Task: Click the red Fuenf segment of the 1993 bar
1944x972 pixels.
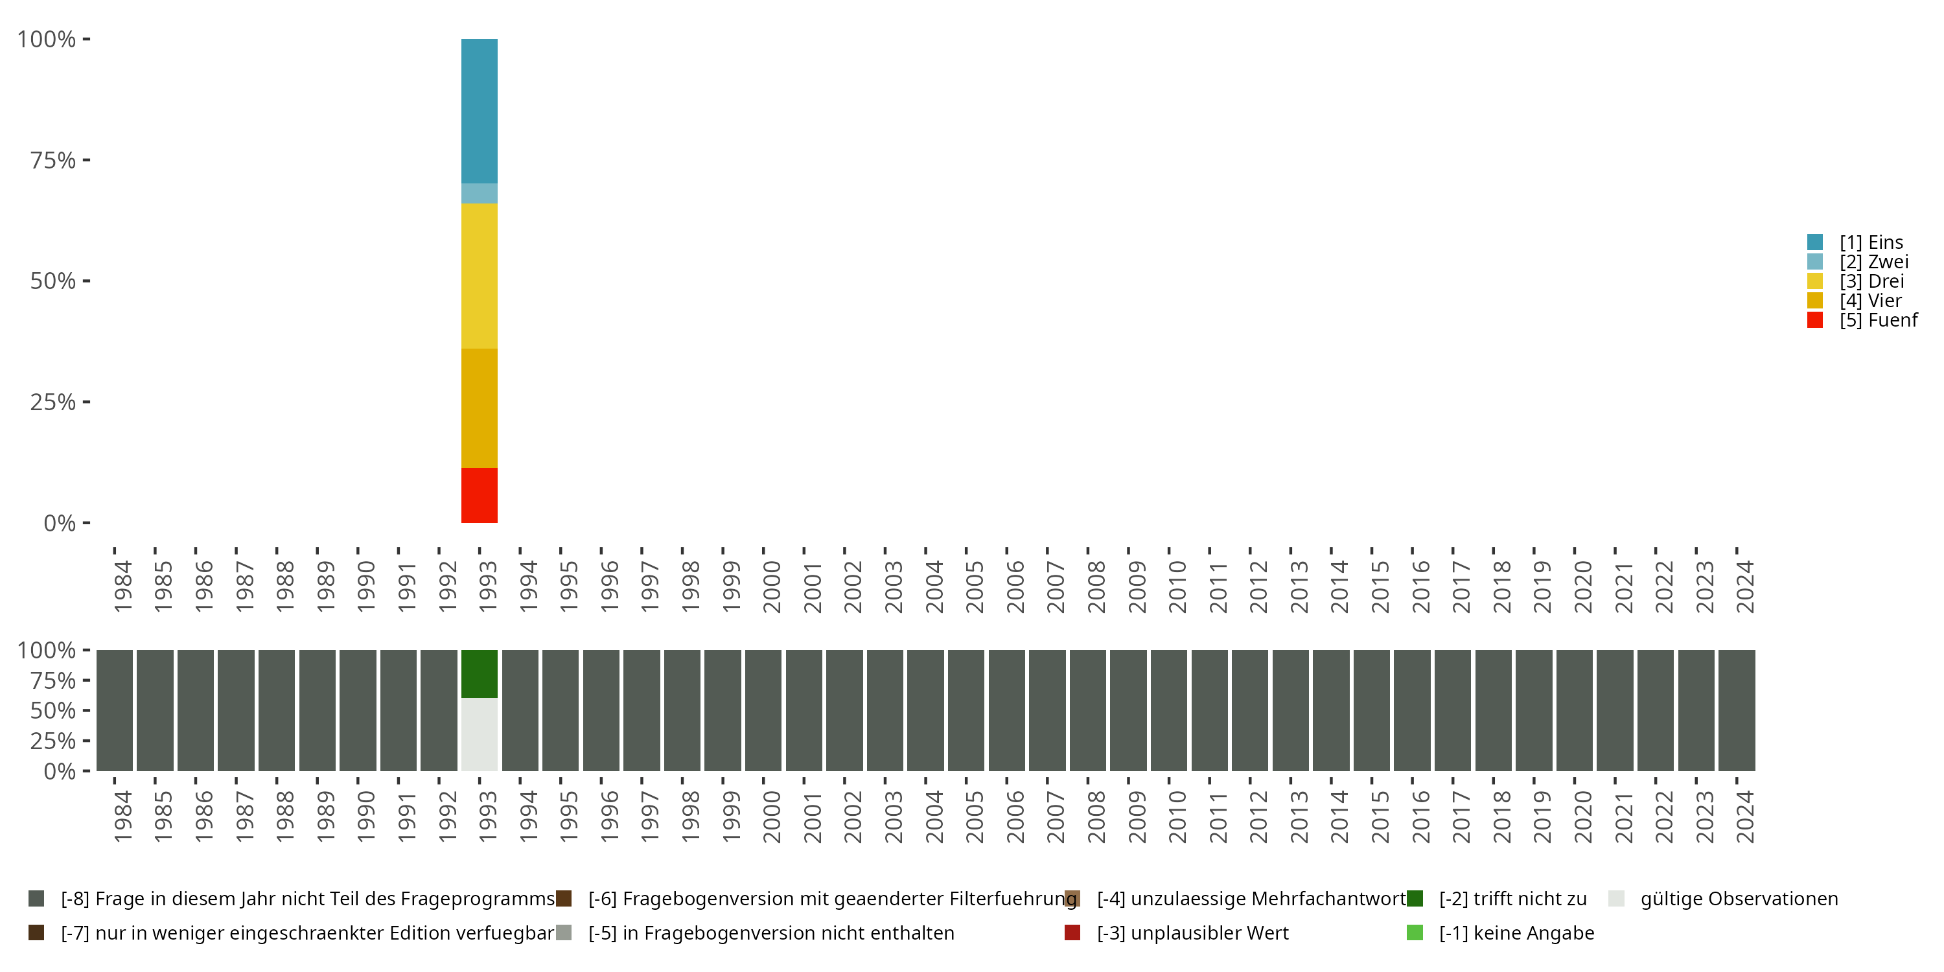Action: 480,495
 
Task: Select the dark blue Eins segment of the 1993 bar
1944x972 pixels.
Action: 480,111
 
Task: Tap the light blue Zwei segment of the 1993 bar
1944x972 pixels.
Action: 480,193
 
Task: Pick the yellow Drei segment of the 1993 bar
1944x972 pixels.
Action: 480,275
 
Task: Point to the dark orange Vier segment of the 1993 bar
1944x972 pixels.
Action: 480,408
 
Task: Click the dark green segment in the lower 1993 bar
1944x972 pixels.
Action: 480,673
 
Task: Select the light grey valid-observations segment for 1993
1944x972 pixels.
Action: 480,734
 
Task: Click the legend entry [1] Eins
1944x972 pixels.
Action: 1871,242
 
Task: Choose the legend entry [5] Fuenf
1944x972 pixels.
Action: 1878,320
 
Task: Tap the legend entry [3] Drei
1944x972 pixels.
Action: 1871,281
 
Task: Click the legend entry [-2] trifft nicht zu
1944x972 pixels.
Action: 1512,899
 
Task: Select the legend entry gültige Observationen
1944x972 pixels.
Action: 1738,899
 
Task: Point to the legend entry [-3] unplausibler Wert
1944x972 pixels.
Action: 1192,932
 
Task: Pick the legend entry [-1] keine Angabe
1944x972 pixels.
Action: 1516,932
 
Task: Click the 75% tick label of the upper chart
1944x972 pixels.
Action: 53,160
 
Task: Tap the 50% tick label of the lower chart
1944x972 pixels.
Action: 53,710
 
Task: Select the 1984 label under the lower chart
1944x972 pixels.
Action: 122,816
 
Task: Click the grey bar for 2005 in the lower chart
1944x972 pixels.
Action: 966,710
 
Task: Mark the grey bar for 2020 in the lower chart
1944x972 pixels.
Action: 1574,710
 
